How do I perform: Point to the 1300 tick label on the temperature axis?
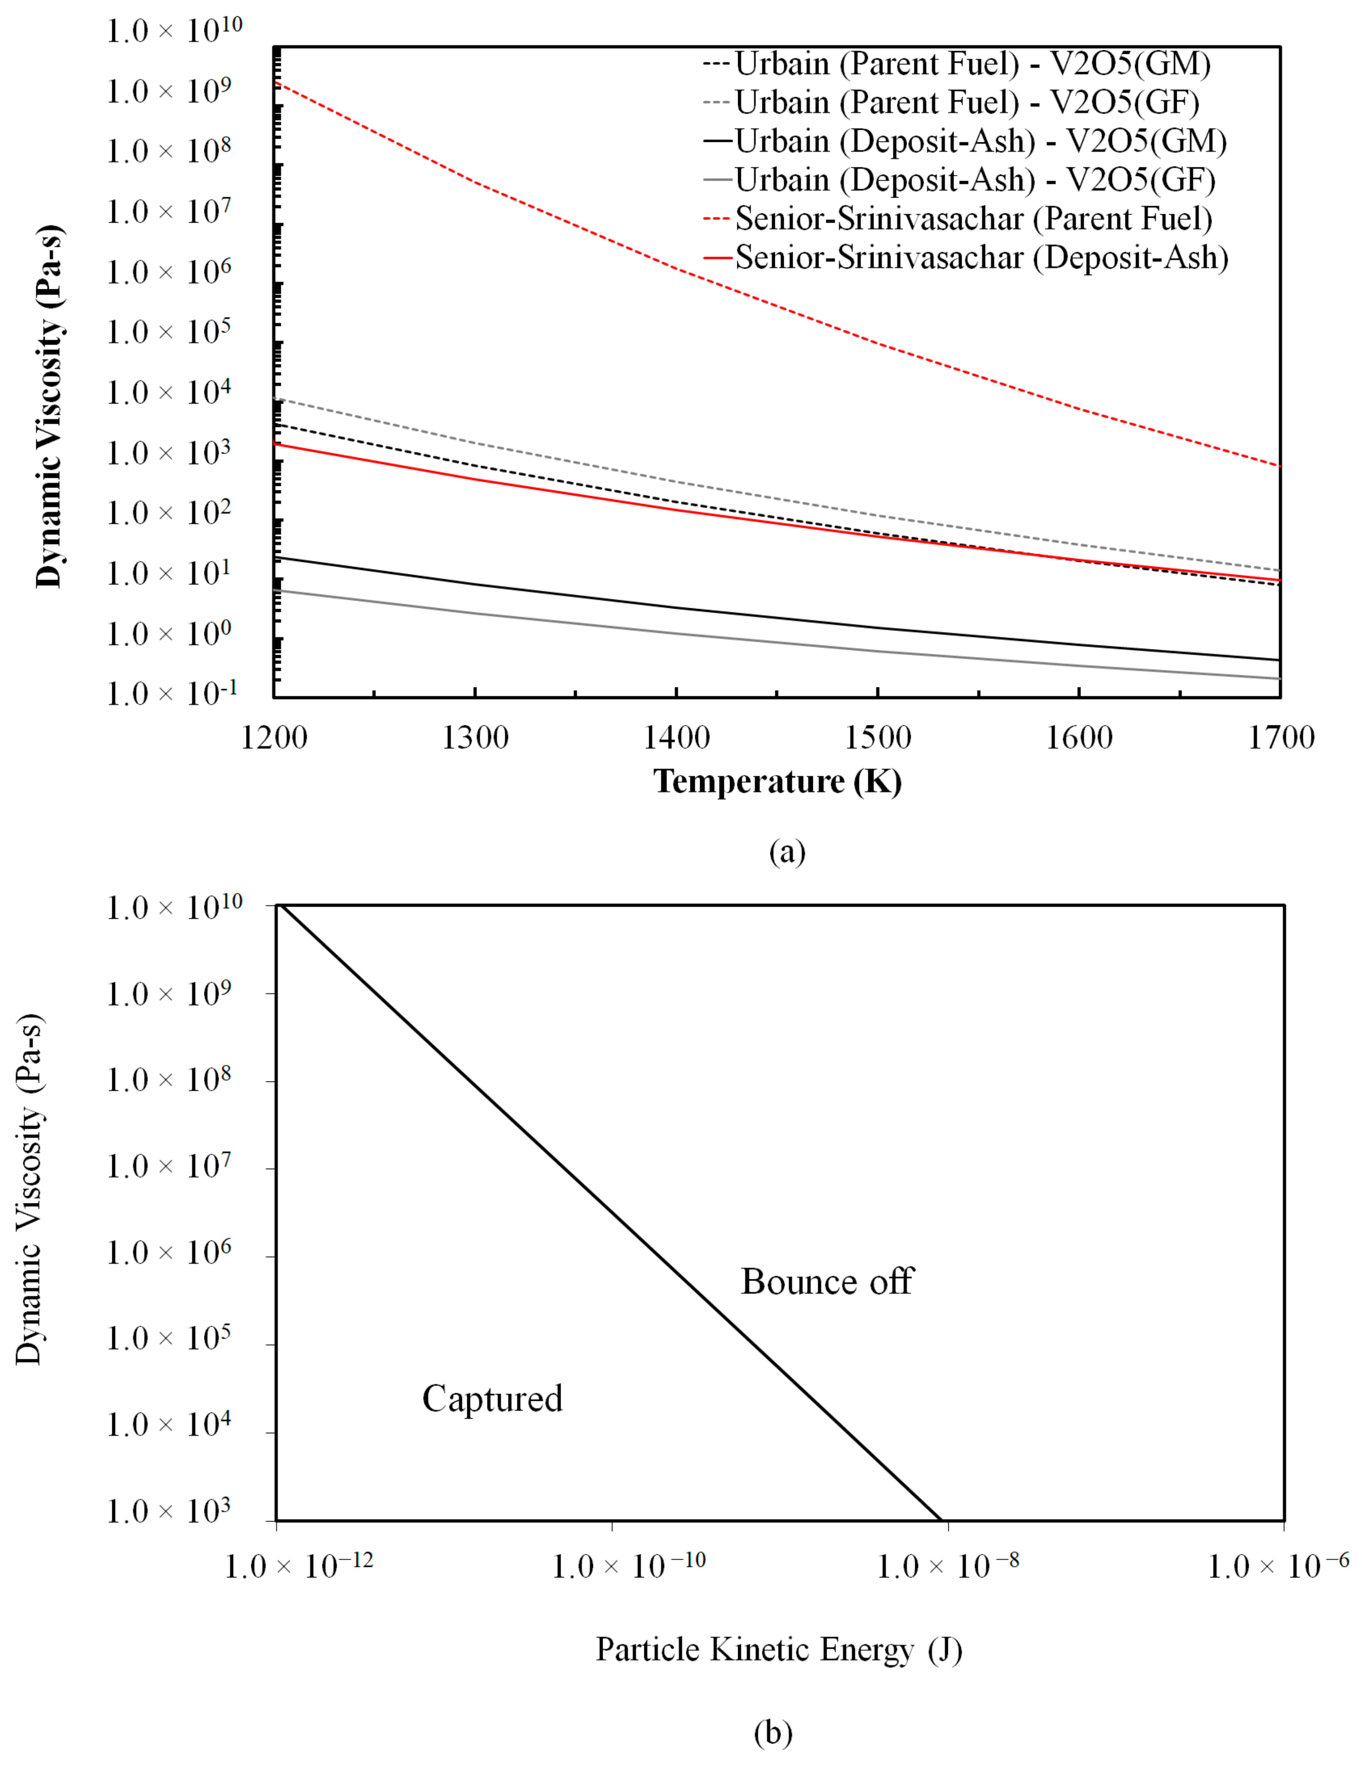(475, 738)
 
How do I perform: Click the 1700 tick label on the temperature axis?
(1280, 738)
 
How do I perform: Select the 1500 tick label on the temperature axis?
(878, 738)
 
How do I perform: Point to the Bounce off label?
(827, 1282)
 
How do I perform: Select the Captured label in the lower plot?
(492, 1399)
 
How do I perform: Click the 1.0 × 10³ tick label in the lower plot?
(168, 1511)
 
